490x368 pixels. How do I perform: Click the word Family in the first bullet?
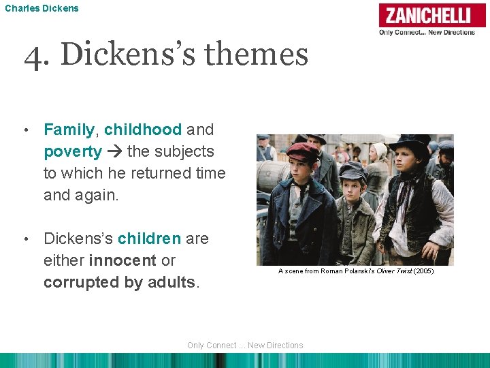click(69, 129)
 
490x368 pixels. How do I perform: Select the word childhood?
click(143, 129)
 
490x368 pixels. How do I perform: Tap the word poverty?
click(73, 151)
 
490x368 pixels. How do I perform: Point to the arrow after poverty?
click(114, 151)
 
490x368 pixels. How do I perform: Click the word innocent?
click(122, 260)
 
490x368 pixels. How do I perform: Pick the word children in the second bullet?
click(149, 239)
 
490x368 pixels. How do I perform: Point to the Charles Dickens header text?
click(42, 8)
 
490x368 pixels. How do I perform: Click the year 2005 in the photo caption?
click(422, 271)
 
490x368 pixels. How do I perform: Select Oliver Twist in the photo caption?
click(390, 271)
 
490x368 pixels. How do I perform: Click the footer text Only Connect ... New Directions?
click(245, 346)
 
